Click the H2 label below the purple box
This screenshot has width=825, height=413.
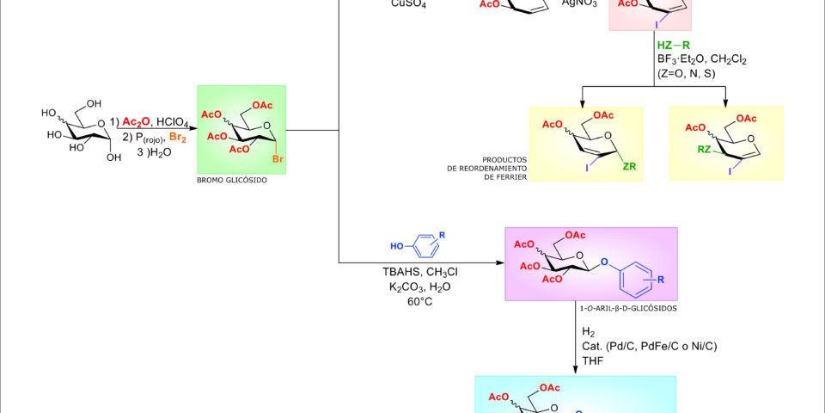click(589, 331)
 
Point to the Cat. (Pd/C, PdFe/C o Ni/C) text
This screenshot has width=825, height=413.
click(650, 346)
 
